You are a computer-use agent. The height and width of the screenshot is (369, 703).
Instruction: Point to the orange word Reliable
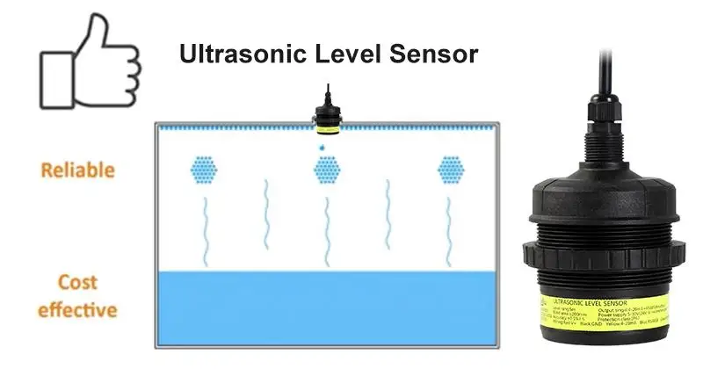click(77, 170)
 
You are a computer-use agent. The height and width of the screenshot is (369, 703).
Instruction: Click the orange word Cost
click(77, 284)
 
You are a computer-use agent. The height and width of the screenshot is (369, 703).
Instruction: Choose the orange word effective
click(77, 309)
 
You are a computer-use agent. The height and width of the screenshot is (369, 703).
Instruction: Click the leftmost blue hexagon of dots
click(205, 170)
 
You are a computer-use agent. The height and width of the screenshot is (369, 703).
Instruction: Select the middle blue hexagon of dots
click(328, 170)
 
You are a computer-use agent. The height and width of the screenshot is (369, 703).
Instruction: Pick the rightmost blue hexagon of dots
click(450, 170)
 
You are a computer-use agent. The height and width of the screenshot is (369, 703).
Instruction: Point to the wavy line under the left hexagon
click(205, 228)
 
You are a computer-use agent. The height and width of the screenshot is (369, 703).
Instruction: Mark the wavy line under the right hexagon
click(449, 228)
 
